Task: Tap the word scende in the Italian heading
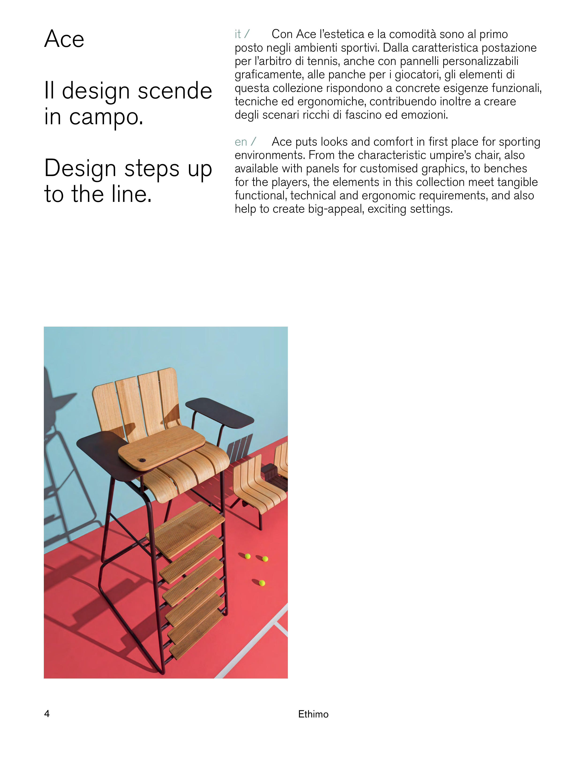coord(175,91)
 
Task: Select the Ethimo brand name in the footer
coord(313,714)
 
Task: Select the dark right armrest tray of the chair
coord(219,413)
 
